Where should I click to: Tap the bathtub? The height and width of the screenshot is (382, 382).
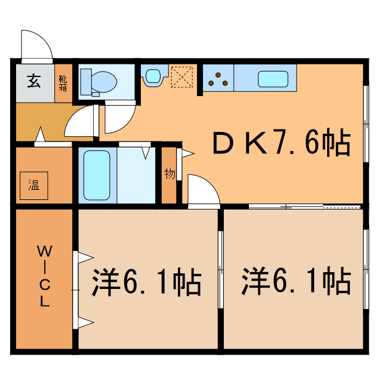pyautogui.click(x=96, y=175)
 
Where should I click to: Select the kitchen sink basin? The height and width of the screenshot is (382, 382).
pyautogui.click(x=273, y=78)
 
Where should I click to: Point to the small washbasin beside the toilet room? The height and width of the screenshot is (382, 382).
pyautogui.click(x=153, y=76)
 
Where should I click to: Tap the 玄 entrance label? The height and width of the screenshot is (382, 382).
pyautogui.click(x=33, y=81)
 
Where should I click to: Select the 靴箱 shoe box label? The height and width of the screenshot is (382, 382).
pyautogui.click(x=63, y=82)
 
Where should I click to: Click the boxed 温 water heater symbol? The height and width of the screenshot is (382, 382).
pyautogui.click(x=33, y=186)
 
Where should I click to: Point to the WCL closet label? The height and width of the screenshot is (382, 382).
pyautogui.click(x=44, y=275)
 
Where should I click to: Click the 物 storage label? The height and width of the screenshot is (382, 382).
pyautogui.click(x=170, y=174)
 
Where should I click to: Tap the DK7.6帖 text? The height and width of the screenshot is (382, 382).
pyautogui.click(x=281, y=143)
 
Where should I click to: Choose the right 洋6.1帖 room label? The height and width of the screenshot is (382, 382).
pyautogui.click(x=295, y=282)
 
